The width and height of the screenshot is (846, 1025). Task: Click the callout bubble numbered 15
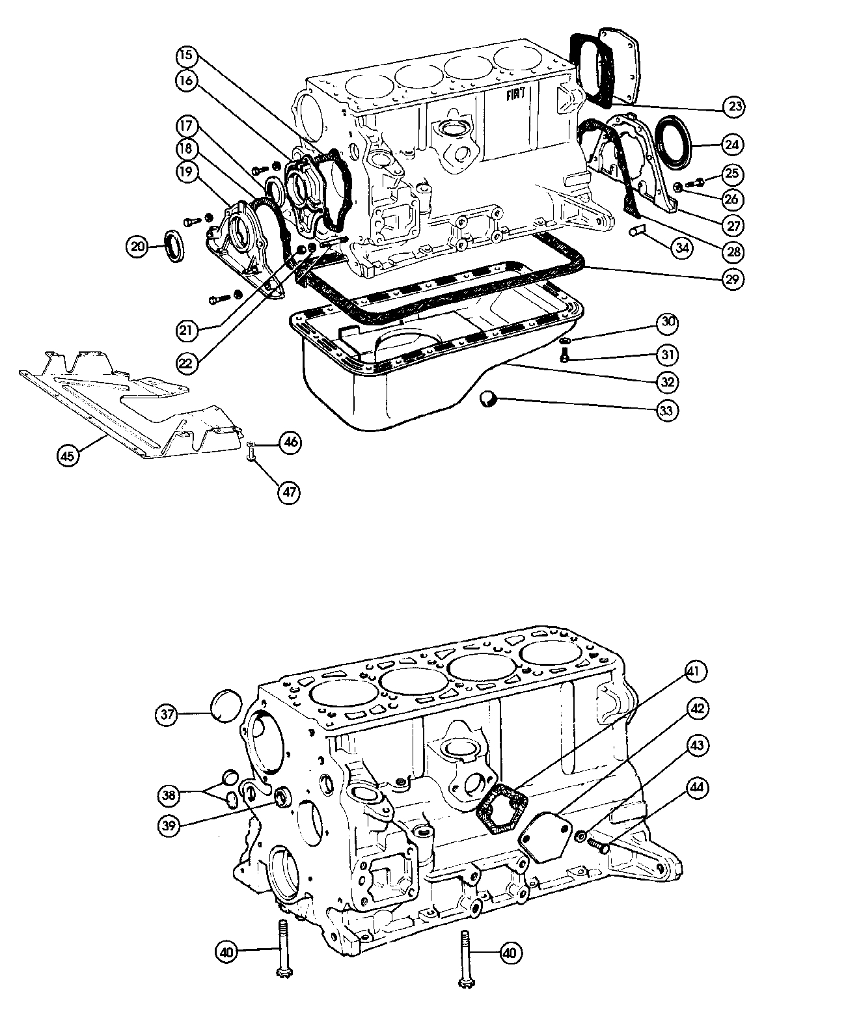pyautogui.click(x=186, y=56)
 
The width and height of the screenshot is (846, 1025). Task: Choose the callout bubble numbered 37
pyautogui.click(x=168, y=715)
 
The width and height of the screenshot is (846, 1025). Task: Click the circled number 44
pyautogui.click(x=697, y=788)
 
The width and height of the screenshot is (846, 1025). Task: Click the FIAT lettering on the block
pyautogui.click(x=518, y=95)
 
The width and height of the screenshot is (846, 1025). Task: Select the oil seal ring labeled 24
pyautogui.click(x=677, y=137)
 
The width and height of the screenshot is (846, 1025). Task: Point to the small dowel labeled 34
pyautogui.click(x=637, y=230)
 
